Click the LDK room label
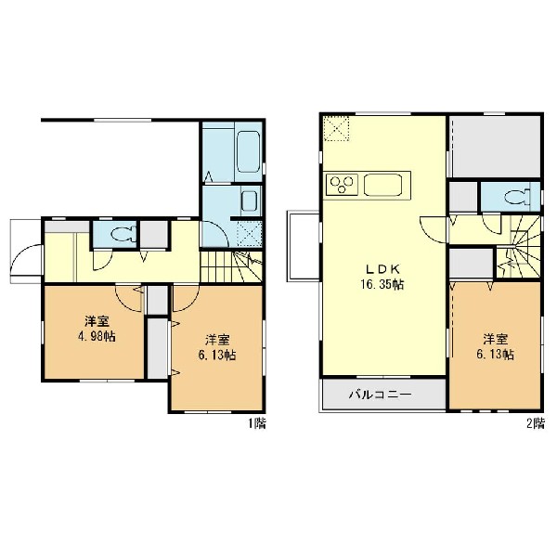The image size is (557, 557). coord(382,269)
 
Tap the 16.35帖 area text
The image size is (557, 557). coord(382,285)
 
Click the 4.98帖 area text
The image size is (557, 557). coord(97,336)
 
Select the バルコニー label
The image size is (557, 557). coord(380,395)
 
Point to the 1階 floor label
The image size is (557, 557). coord(256,423)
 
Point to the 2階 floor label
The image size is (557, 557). coord(535,423)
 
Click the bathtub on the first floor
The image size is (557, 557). coord(248,152)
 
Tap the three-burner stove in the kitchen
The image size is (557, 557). coord(342,185)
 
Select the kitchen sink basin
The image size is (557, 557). coord(382,185)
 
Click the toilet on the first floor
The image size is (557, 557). coord(120,235)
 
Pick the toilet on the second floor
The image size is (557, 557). coord(518,197)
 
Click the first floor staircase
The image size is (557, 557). coord(231,266)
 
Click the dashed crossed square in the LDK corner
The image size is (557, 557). coord(336,128)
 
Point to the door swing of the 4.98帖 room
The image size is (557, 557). coord(130,298)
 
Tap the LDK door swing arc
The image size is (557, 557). coord(433,229)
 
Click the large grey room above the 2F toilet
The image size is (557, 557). coord(495,147)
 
